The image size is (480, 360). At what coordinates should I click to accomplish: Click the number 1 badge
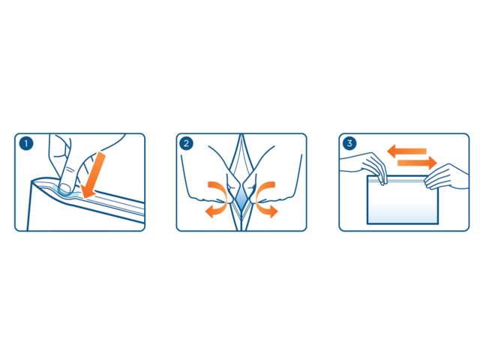[x=26, y=143]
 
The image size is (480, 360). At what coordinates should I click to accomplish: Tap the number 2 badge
[x=186, y=143]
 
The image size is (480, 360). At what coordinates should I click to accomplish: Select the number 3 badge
[x=349, y=143]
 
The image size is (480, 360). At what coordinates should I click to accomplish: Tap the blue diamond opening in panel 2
[x=241, y=198]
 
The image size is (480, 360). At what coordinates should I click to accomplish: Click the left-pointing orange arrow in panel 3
[x=406, y=151]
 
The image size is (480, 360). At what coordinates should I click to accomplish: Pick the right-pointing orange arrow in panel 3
[x=417, y=163]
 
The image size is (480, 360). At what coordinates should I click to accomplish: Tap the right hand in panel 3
[x=448, y=178]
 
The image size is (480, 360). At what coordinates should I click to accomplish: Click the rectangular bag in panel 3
[x=403, y=199]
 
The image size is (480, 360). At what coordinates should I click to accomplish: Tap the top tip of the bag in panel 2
[x=241, y=134]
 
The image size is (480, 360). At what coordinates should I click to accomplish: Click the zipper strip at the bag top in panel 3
[x=403, y=181]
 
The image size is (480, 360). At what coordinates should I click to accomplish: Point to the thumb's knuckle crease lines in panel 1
[x=71, y=169]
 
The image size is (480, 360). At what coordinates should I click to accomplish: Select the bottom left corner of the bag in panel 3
[x=367, y=223]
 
